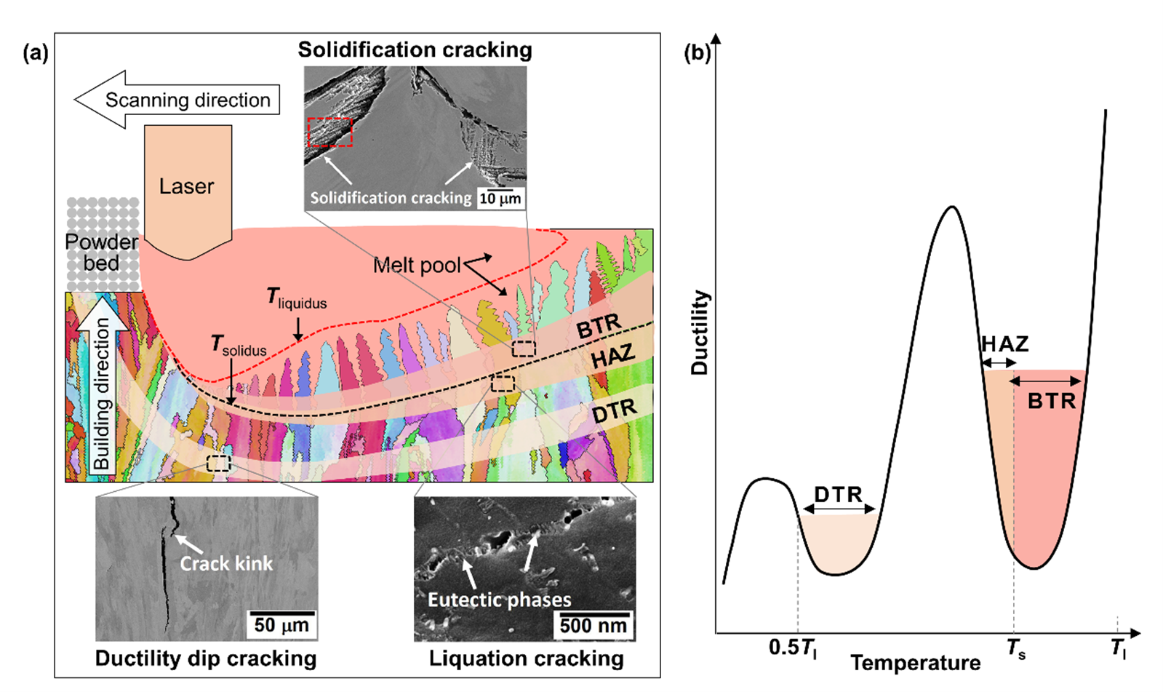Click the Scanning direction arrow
(178, 100)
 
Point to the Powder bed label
(102, 252)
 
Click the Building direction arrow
(103, 386)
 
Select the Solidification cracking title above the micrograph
(415, 50)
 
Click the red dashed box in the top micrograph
(329, 132)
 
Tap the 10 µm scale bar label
(500, 198)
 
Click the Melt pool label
(417, 266)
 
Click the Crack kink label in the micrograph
(226, 564)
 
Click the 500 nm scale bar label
(593, 625)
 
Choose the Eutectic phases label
(499, 600)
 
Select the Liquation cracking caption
(526, 659)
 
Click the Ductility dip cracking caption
(206, 659)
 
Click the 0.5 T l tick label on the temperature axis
(793, 648)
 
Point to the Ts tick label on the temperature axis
(1016, 648)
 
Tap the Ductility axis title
(700, 333)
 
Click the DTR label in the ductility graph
(838, 495)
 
